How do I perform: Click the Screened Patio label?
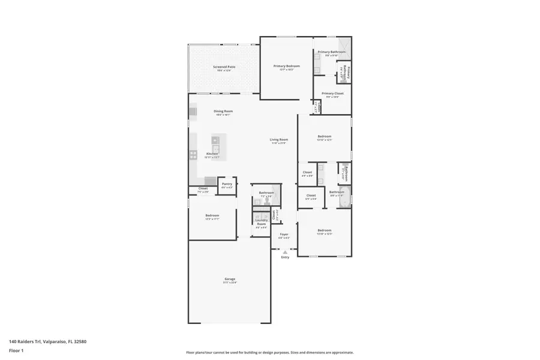(x=224, y=67)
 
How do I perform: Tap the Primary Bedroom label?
(x=286, y=66)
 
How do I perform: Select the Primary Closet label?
(x=332, y=94)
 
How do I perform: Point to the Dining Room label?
(x=223, y=111)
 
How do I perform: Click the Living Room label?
(x=279, y=140)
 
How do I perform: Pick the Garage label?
(x=230, y=279)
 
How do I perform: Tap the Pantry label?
(x=227, y=184)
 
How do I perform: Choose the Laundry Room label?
(x=261, y=221)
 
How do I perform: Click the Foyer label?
(x=284, y=235)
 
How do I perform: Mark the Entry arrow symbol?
(x=285, y=252)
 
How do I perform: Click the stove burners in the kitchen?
(x=193, y=154)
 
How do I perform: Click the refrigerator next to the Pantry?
(x=210, y=181)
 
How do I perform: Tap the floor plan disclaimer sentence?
(x=269, y=353)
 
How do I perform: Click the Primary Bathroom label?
(x=331, y=52)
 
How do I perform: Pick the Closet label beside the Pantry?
(x=203, y=188)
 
